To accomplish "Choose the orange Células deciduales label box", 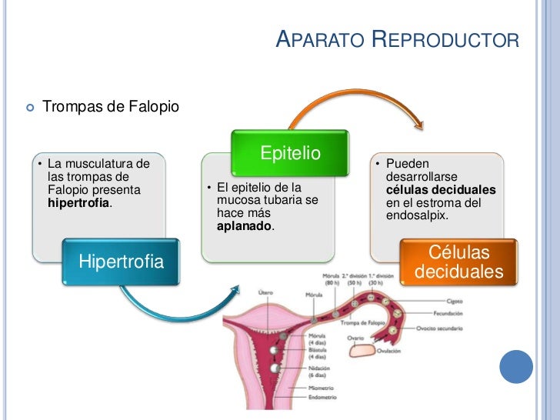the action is click(458, 262).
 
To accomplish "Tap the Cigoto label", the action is click(453, 301).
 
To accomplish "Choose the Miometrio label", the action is click(323, 389).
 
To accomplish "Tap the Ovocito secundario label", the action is click(440, 328).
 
